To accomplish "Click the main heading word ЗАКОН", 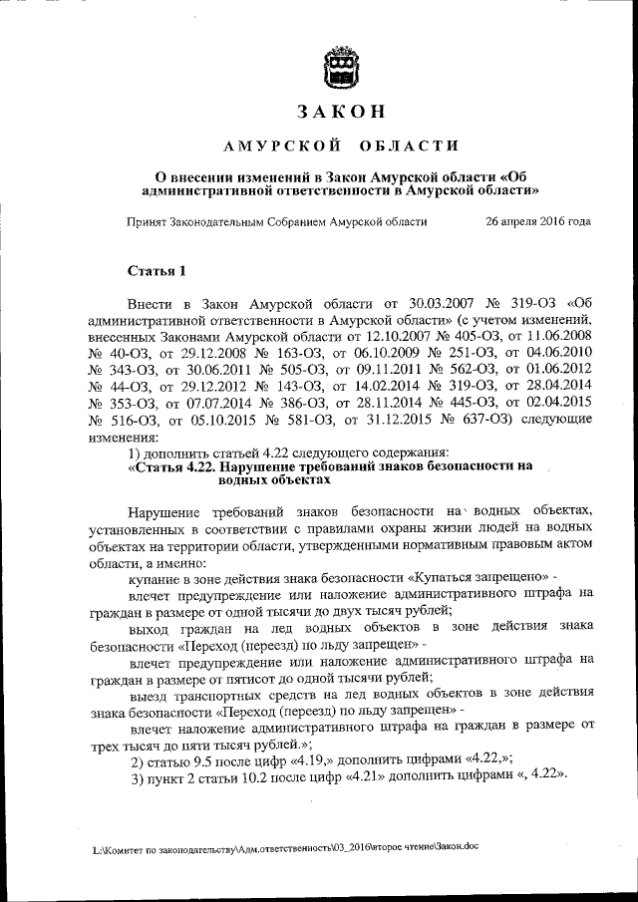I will (x=341, y=113).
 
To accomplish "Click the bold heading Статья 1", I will (x=158, y=270).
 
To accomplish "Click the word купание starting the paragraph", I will (x=156, y=577).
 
